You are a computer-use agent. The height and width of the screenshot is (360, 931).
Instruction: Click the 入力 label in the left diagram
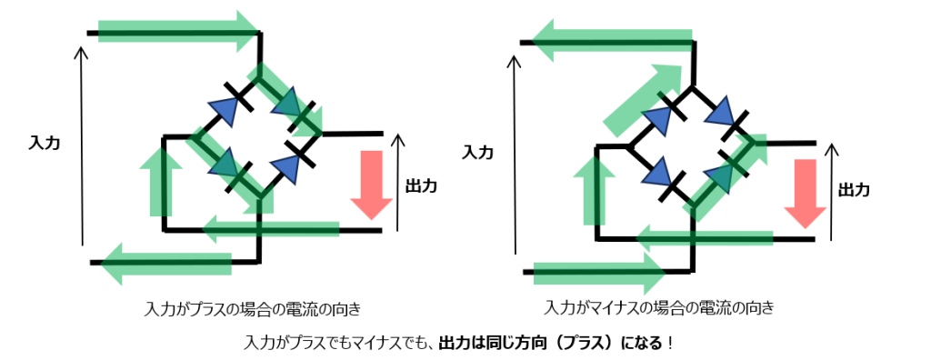(x=45, y=143)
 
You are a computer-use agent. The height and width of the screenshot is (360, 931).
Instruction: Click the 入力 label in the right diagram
(x=477, y=152)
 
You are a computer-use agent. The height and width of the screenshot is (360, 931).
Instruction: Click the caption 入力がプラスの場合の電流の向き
(x=253, y=308)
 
